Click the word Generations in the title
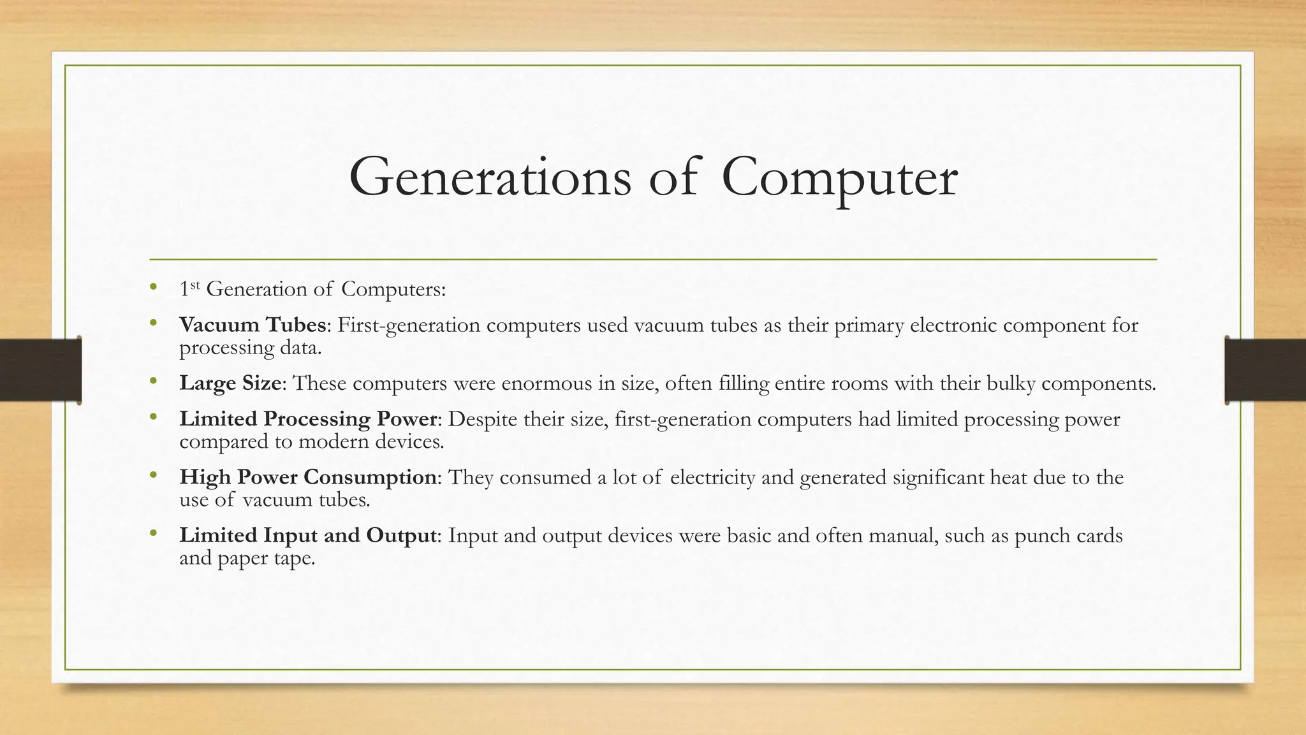tap(490, 178)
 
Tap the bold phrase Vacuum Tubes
tap(253, 325)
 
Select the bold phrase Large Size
tap(230, 383)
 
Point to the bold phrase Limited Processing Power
tap(309, 419)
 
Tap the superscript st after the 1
tap(195, 285)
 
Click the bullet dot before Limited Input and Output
tap(152, 533)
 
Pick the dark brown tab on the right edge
tap(1265, 371)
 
